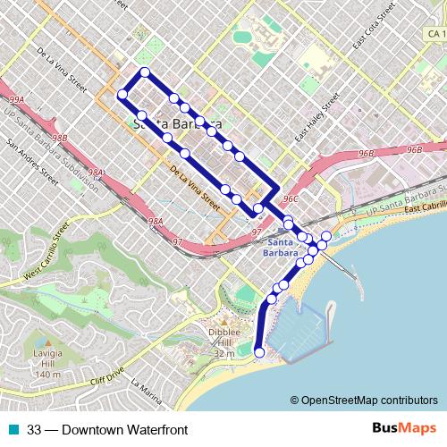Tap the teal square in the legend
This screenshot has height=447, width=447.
[13, 429]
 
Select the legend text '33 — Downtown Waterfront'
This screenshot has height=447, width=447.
[107, 429]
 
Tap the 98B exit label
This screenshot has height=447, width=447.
[59, 139]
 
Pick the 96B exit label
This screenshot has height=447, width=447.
[413, 150]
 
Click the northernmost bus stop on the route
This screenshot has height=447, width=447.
[143, 72]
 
